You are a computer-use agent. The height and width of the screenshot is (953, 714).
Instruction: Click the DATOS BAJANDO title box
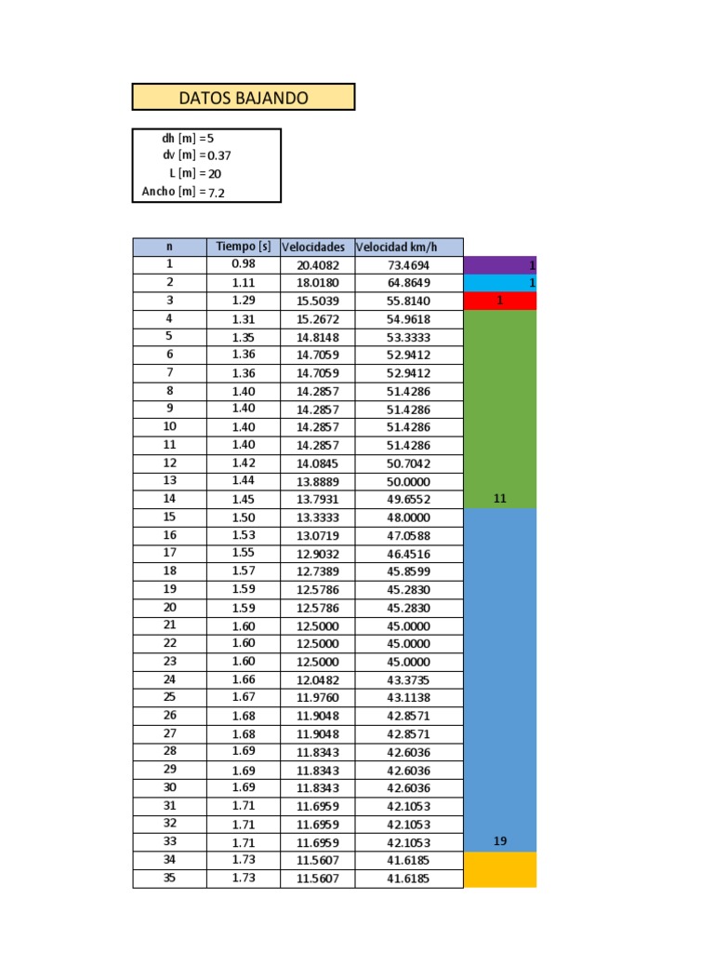(x=244, y=97)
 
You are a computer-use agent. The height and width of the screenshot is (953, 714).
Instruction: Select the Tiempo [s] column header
(x=244, y=247)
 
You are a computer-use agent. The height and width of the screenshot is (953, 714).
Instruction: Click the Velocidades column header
(x=317, y=247)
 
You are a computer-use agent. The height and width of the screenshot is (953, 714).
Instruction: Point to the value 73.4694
(x=409, y=265)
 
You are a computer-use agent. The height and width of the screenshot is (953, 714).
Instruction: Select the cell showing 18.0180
(x=317, y=283)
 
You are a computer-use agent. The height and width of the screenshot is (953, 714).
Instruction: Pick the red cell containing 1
(x=500, y=301)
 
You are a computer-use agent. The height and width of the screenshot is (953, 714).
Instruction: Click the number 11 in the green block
(x=500, y=499)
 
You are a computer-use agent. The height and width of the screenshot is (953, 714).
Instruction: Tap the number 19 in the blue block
(x=500, y=841)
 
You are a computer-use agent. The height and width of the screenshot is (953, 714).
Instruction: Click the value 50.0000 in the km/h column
(x=409, y=481)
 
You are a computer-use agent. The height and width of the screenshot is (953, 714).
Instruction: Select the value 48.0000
(x=409, y=517)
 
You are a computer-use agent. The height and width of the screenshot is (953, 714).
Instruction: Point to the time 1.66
(x=244, y=679)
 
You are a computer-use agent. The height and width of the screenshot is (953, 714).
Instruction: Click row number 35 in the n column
(x=169, y=878)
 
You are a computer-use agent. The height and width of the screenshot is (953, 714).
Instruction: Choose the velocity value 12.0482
(x=317, y=679)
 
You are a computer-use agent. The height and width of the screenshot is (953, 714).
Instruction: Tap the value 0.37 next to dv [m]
(x=219, y=155)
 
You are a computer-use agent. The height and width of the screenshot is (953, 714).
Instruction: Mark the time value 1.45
(x=244, y=499)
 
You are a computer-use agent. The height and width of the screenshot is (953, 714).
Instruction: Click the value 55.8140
(x=409, y=301)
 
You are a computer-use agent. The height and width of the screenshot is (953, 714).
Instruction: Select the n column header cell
(x=169, y=247)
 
